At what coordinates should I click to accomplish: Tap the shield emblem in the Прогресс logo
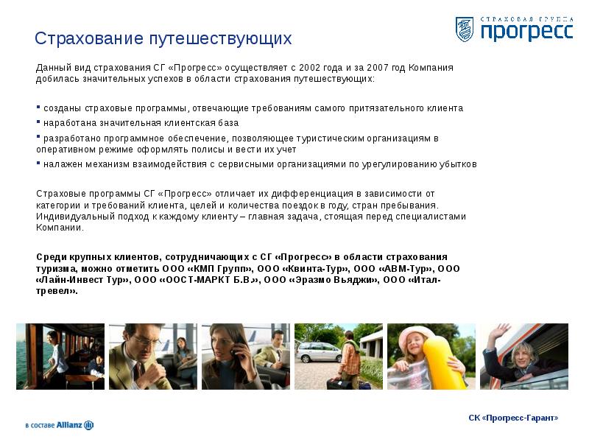tap(464, 29)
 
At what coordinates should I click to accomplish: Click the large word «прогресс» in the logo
tap(526, 32)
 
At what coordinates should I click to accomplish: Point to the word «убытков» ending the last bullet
tap(459, 164)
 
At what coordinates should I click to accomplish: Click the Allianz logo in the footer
tap(59, 425)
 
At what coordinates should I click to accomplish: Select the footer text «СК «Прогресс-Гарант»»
tap(513, 418)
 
